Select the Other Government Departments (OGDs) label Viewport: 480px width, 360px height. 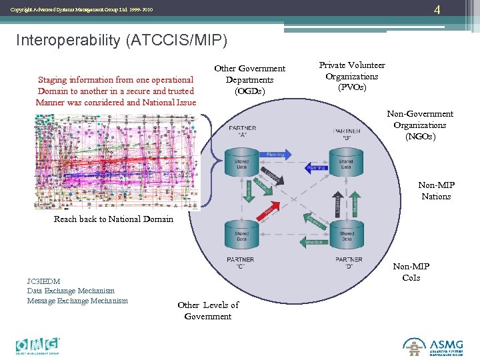(249, 79)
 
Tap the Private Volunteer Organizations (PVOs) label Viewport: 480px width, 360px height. (351, 76)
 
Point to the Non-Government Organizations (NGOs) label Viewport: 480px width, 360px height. (419, 125)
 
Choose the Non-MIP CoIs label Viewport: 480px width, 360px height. (411, 272)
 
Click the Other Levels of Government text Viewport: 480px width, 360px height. (208, 310)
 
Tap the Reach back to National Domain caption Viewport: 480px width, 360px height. (113, 219)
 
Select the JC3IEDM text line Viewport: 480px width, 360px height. (43, 281)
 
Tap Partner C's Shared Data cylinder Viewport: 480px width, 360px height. (241, 235)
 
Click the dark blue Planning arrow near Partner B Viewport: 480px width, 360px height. (316, 168)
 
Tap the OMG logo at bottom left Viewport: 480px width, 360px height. (38, 344)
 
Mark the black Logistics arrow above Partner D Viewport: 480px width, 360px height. (338, 203)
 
